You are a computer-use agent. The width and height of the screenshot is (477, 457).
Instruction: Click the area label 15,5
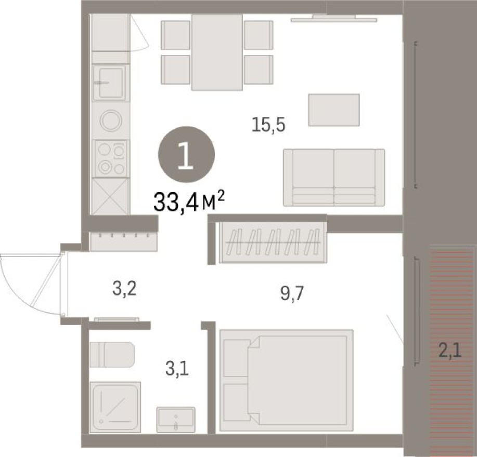pos(268,125)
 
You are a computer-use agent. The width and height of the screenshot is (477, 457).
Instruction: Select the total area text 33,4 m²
pos(189,201)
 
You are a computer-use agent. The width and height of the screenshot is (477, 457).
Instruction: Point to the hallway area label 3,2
pos(124,288)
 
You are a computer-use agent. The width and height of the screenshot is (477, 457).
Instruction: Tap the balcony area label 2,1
pos(450,352)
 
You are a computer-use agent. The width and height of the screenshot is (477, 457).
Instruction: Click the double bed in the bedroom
pos(286,380)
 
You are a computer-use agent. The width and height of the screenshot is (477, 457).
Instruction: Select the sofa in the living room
pos(333,177)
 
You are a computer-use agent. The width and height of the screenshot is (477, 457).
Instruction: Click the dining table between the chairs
pos(217,52)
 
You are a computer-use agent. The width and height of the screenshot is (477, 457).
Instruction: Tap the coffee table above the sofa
pos(333,110)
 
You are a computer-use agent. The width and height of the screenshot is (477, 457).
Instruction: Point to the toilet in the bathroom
pos(111,355)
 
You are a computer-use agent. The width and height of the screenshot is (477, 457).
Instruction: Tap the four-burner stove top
pos(110,158)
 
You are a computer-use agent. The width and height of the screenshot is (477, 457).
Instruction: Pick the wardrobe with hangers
pos(273,242)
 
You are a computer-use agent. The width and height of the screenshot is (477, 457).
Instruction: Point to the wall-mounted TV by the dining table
pos(333,20)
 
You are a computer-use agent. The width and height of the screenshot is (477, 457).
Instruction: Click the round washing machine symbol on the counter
pos(110,121)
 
